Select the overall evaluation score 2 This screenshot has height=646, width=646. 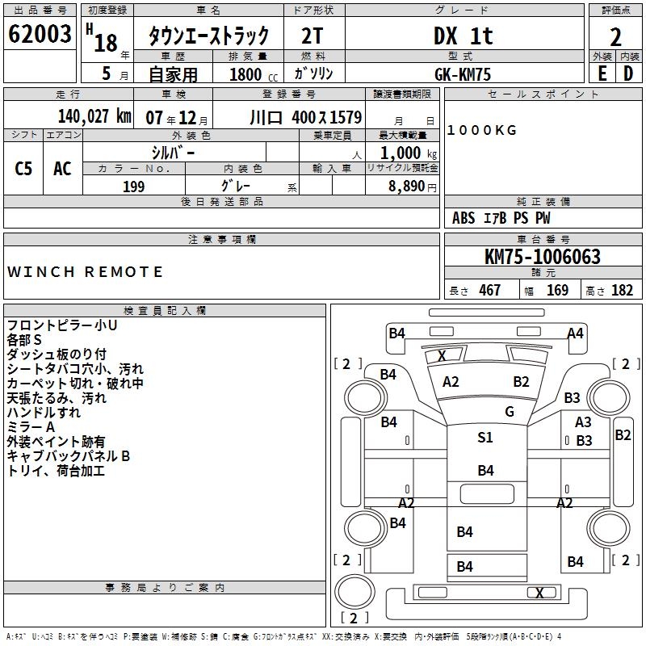coord(616,36)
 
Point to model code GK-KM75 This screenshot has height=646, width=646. coord(463,73)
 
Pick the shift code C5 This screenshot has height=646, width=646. coord(23,169)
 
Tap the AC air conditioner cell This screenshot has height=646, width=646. coord(62,169)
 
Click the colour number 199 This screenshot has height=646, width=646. coord(133,187)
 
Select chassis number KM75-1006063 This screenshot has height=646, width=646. coord(543,258)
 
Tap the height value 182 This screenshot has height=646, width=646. coord(623,290)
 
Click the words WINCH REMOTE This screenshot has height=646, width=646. coord(86,272)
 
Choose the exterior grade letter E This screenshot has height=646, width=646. coord(602,73)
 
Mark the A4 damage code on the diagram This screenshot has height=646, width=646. coord(575,333)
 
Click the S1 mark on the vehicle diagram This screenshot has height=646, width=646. coord(485,438)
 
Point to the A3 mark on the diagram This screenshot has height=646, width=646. coord(583,422)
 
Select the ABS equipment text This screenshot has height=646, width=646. coord(464,218)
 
